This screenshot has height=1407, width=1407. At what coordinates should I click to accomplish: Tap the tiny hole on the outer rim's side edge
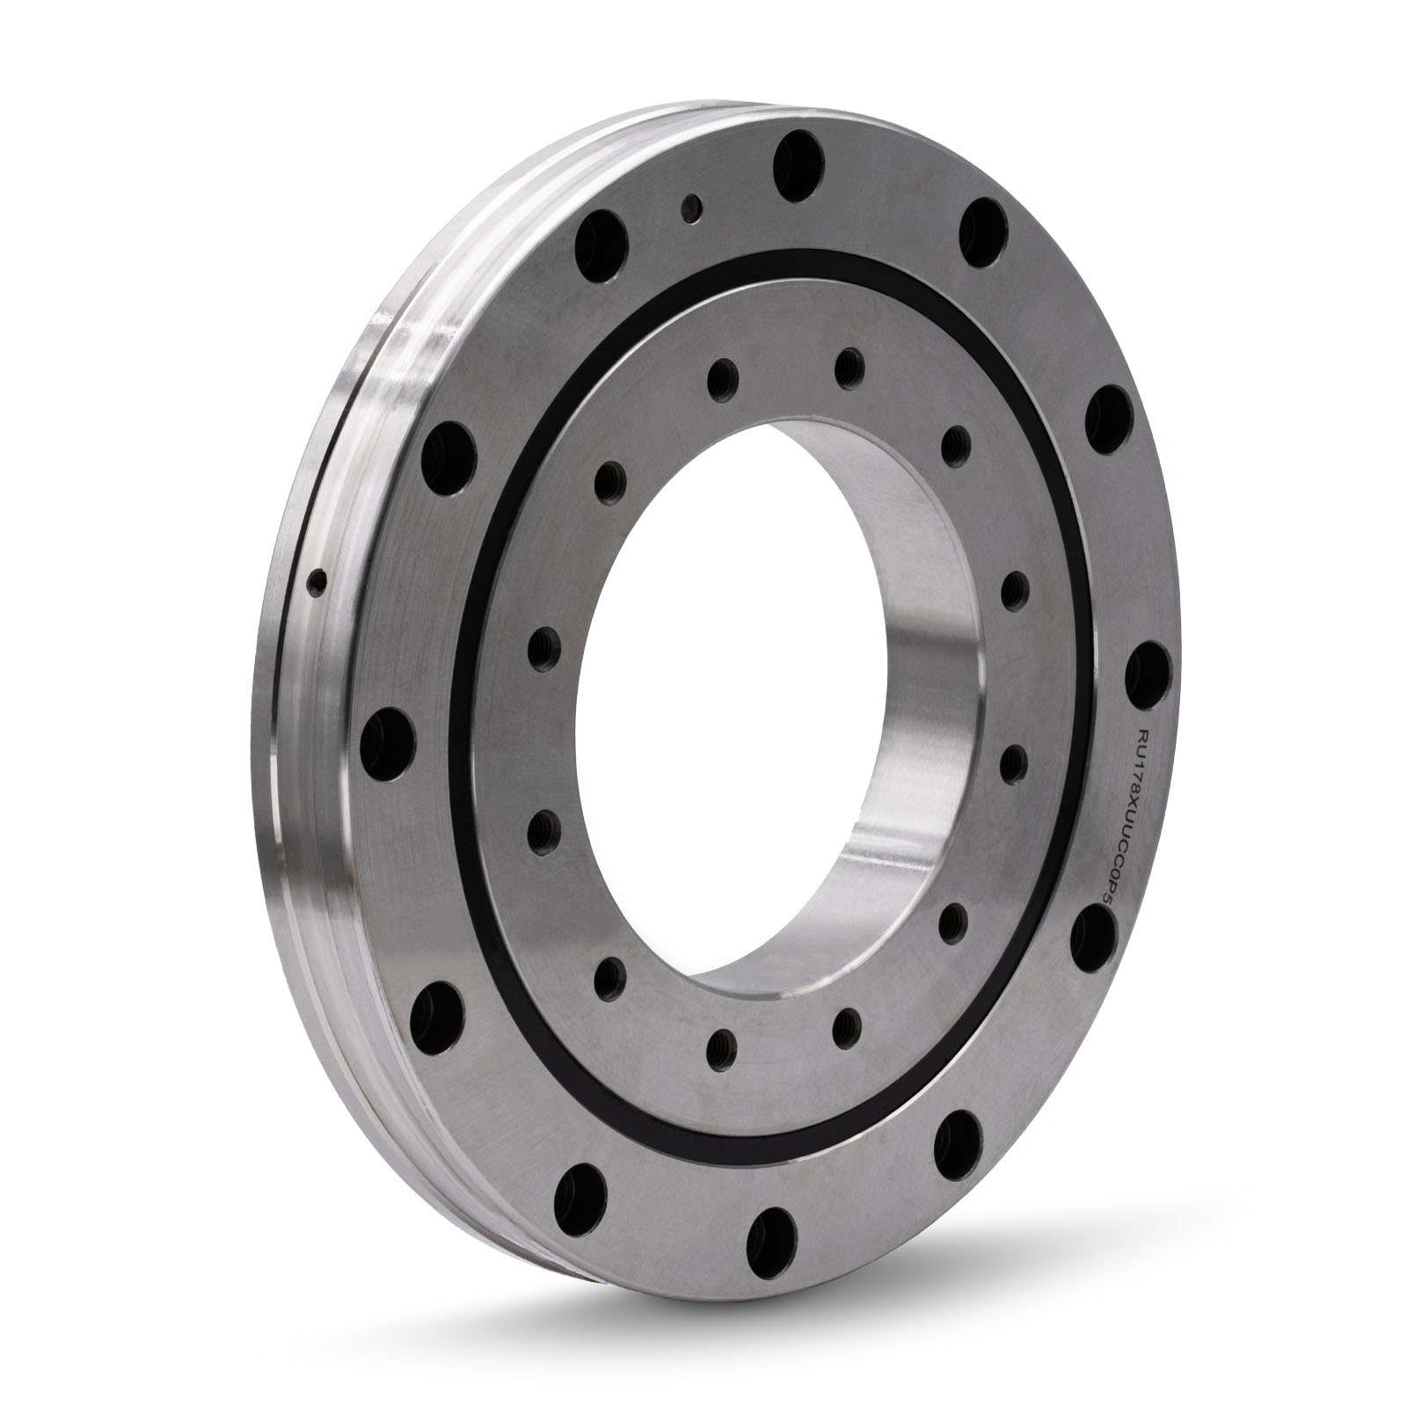318,580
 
